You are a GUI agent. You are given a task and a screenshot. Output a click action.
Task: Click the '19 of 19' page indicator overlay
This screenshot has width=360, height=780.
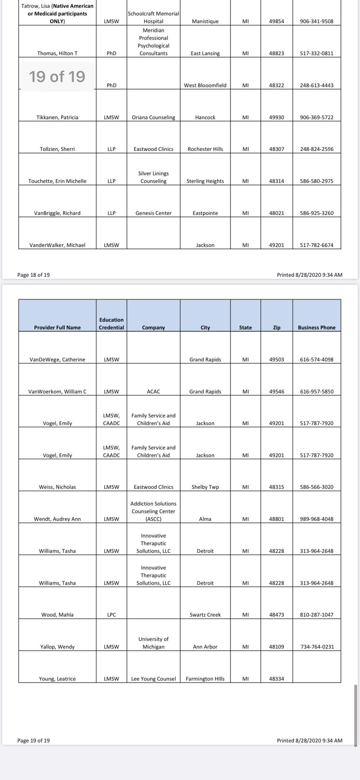(57, 77)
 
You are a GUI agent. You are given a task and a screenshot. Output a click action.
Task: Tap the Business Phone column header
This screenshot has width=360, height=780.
(316, 327)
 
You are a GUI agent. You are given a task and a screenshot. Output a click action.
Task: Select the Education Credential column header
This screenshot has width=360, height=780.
(111, 323)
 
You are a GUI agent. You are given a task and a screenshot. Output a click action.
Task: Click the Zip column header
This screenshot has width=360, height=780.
(276, 327)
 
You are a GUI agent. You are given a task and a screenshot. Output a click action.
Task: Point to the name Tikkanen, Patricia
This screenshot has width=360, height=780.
(57, 117)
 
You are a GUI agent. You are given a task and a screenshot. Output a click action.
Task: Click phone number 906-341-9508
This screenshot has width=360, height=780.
(316, 21)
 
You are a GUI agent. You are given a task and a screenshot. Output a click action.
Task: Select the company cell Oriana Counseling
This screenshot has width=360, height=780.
(153, 117)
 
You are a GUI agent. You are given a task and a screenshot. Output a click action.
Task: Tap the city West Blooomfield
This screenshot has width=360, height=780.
(205, 85)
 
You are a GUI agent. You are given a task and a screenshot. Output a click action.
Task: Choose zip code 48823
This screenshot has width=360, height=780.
(276, 53)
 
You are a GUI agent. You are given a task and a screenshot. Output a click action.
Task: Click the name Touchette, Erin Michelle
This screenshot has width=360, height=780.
(57, 181)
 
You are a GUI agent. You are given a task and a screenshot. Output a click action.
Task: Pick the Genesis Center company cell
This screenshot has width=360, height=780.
(153, 213)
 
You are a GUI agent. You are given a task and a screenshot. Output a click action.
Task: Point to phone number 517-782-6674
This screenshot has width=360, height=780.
(316, 245)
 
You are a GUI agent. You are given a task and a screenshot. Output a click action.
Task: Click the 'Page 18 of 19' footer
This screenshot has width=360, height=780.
(34, 275)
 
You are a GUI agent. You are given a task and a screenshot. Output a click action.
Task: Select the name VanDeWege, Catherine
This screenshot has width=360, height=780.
(57, 359)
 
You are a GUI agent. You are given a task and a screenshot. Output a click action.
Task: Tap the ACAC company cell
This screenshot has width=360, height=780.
(153, 391)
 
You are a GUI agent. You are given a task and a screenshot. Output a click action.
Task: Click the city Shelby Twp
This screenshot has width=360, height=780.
(205, 487)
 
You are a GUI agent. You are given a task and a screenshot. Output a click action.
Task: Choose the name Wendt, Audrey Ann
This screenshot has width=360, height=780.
(57, 519)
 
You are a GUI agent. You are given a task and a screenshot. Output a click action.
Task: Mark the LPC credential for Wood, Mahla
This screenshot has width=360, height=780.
(111, 614)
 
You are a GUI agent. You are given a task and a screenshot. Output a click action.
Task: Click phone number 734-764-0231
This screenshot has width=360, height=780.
(316, 646)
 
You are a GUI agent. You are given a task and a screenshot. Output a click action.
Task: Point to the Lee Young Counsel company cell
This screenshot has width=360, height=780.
(153, 678)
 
